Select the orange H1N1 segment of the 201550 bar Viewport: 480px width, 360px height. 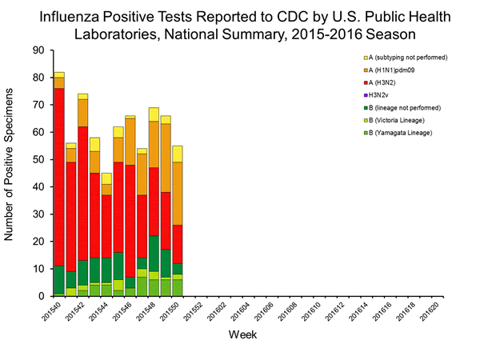point(178,193)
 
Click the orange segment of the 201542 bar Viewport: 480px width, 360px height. point(83,113)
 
